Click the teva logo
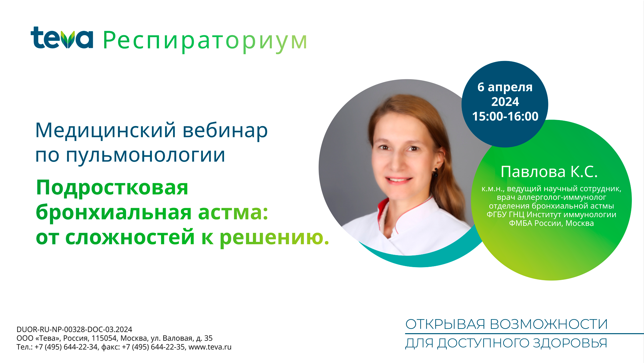click(x=62, y=38)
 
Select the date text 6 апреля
click(x=505, y=87)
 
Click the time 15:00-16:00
click(x=505, y=116)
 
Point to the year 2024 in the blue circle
click(x=505, y=102)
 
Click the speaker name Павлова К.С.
click(x=549, y=172)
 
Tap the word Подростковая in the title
click(x=112, y=188)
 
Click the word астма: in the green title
click(x=233, y=212)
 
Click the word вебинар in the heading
click(x=225, y=130)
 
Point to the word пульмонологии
click(x=145, y=156)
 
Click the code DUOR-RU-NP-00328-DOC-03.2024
click(x=74, y=329)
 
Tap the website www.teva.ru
click(x=210, y=347)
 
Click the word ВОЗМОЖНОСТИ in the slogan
click(x=549, y=324)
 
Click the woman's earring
click(x=435, y=172)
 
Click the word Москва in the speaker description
click(x=580, y=223)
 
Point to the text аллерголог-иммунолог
click(x=562, y=197)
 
